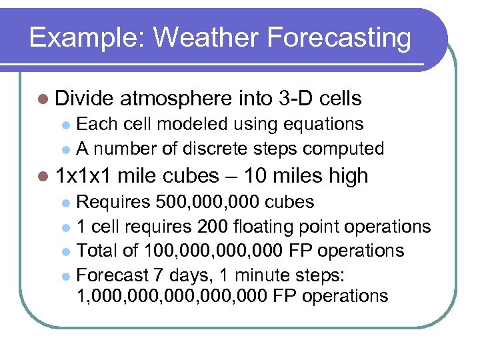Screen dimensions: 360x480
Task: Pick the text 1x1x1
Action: tap(86, 176)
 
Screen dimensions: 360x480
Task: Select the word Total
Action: tap(96, 251)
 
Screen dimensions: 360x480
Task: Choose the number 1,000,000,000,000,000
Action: tap(174, 297)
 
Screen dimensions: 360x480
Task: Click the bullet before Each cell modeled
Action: tap(65, 125)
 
